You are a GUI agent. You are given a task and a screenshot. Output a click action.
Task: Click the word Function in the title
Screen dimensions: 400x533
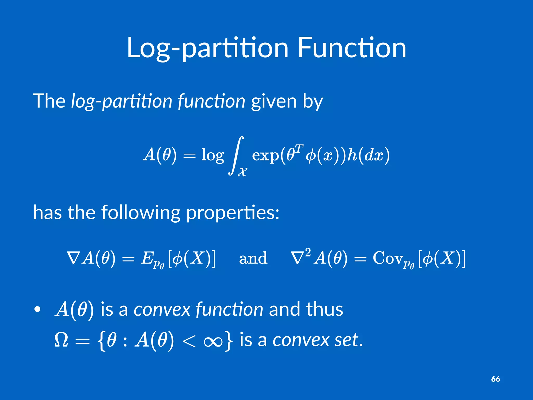click(351, 48)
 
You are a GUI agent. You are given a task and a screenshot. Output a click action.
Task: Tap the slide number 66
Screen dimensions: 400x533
click(496, 379)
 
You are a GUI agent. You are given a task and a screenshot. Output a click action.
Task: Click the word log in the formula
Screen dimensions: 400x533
click(212, 155)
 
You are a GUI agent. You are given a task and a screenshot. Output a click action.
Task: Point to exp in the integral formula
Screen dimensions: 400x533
click(265, 156)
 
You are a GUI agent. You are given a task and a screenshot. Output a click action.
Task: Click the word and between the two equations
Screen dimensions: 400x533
click(253, 259)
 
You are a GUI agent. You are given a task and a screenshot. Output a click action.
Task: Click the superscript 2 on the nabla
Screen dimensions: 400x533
click(308, 252)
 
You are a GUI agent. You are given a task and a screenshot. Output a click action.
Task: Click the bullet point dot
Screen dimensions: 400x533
click(37, 309)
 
